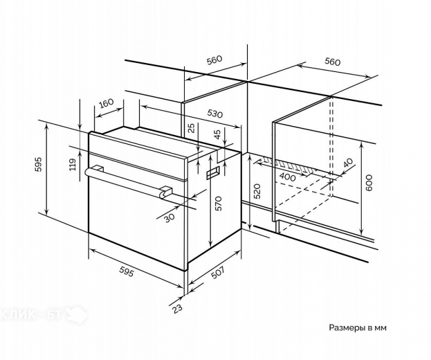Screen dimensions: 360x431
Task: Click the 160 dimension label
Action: point(106,104)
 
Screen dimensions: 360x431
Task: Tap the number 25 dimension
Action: point(191,129)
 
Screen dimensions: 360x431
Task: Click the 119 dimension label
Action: point(72,164)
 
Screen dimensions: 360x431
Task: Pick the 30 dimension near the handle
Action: point(169,216)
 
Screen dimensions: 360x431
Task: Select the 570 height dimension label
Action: point(218,203)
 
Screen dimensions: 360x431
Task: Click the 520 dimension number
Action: point(257,192)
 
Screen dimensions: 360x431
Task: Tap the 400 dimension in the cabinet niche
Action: point(288,177)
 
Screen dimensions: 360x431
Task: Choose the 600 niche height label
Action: point(369,181)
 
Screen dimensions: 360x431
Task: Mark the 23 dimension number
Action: point(177,309)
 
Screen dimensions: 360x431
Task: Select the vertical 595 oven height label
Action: point(39,165)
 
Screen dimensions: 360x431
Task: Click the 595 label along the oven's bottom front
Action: point(127,268)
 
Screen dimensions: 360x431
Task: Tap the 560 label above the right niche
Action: point(332,62)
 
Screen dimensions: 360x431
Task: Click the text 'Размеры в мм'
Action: point(356,327)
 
